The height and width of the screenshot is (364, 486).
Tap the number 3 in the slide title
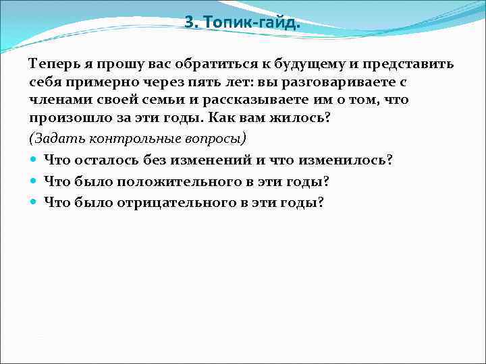(x=189, y=23)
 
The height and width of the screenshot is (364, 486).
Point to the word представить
(x=409, y=64)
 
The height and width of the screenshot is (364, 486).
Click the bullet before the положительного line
(x=34, y=182)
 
